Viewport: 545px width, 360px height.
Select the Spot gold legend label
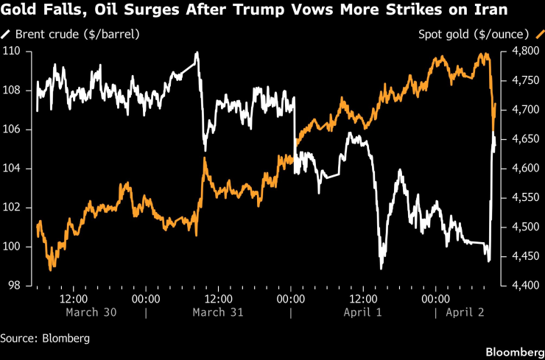(473, 34)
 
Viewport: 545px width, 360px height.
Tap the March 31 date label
(218, 312)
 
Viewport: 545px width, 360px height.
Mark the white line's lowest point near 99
(381, 269)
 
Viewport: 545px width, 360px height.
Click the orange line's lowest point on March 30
(50, 269)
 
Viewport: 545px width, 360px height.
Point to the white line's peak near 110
(197, 53)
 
